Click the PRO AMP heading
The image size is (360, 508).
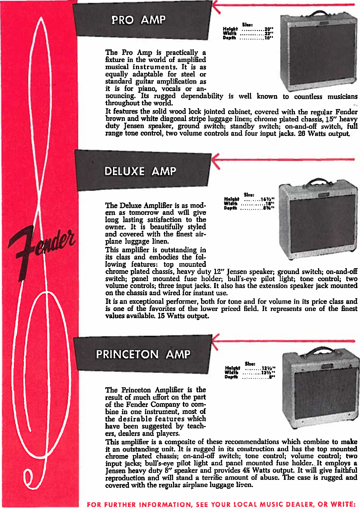(x=138, y=20)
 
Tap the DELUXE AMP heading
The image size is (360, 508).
(x=140, y=171)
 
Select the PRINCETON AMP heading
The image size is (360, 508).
(x=143, y=354)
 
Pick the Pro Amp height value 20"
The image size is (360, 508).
(x=269, y=29)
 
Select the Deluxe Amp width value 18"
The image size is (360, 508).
(x=269, y=203)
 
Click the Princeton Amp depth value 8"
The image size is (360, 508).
(x=272, y=377)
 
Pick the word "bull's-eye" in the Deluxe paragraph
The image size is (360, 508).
(x=242, y=279)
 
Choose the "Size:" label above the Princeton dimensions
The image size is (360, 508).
(x=250, y=364)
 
